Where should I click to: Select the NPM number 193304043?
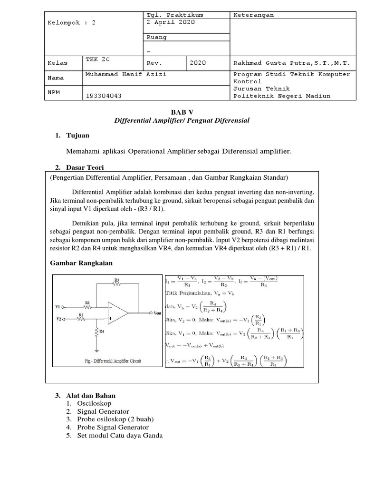coord(104,96)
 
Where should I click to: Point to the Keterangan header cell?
coord(254,15)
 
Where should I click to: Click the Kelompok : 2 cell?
coord(71,22)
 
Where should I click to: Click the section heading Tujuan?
coord(79,136)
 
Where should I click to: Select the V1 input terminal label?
coord(59,307)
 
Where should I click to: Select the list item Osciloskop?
coord(94,403)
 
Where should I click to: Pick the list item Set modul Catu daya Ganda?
coord(120,435)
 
